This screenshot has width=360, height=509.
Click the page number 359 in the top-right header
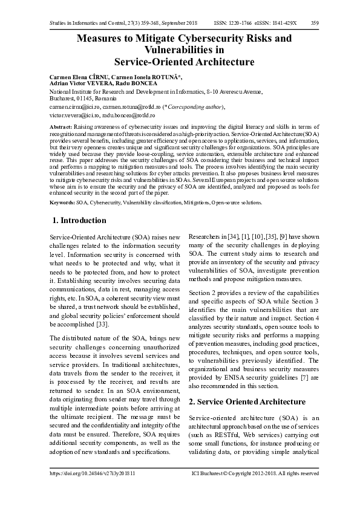tap(315, 23)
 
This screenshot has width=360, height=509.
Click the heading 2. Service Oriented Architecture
tap(247, 402)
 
